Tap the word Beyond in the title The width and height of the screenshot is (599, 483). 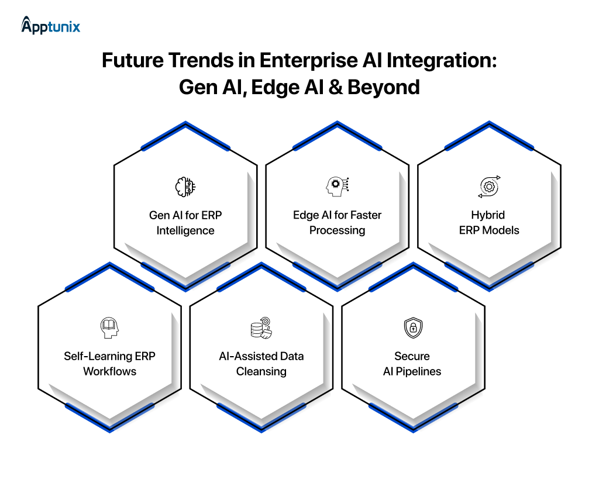(384, 87)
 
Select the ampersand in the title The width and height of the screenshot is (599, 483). (336, 87)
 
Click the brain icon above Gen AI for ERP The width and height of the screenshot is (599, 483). (185, 187)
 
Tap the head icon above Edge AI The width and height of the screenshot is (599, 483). (337, 187)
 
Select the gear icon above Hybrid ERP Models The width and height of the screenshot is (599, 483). (488, 187)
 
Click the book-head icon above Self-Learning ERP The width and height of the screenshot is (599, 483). (109, 328)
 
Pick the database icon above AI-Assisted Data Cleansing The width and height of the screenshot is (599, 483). (261, 328)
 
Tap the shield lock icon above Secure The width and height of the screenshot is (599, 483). (412, 328)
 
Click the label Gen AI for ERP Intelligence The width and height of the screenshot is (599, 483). (185, 223)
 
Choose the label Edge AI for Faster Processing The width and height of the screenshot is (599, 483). (337, 223)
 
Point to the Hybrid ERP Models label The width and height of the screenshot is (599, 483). (489, 223)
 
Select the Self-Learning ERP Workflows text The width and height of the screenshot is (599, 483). (109, 364)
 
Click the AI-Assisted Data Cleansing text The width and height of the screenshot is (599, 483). (261, 364)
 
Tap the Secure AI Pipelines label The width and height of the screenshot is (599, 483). (412, 364)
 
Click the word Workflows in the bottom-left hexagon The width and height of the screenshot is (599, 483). (109, 371)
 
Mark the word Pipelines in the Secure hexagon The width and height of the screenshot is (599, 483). (419, 371)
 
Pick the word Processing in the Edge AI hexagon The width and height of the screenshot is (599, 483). (337, 230)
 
